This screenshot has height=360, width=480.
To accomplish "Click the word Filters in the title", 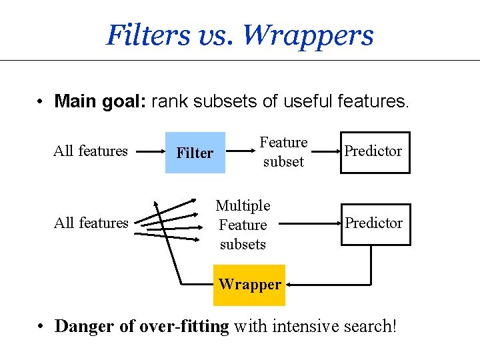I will click(x=148, y=35).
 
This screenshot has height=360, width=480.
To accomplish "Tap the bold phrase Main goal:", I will click(x=101, y=101).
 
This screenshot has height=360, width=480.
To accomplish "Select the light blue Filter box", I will click(x=195, y=153).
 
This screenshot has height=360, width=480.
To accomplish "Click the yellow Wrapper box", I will click(x=250, y=285).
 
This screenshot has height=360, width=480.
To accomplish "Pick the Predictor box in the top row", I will click(x=373, y=151).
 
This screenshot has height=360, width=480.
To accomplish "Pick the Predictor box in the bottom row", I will click(x=373, y=223).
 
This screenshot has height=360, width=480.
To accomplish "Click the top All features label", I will click(x=90, y=151).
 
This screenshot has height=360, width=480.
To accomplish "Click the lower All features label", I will click(x=90, y=223).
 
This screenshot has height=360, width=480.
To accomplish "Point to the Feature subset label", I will click(x=283, y=152).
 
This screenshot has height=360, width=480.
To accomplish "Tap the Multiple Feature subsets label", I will click(x=243, y=225).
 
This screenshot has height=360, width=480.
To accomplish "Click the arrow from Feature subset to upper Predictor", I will click(x=325, y=152).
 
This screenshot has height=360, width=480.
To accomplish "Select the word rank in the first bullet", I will click(x=167, y=101).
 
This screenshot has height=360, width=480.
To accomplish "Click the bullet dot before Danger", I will click(x=42, y=327).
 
